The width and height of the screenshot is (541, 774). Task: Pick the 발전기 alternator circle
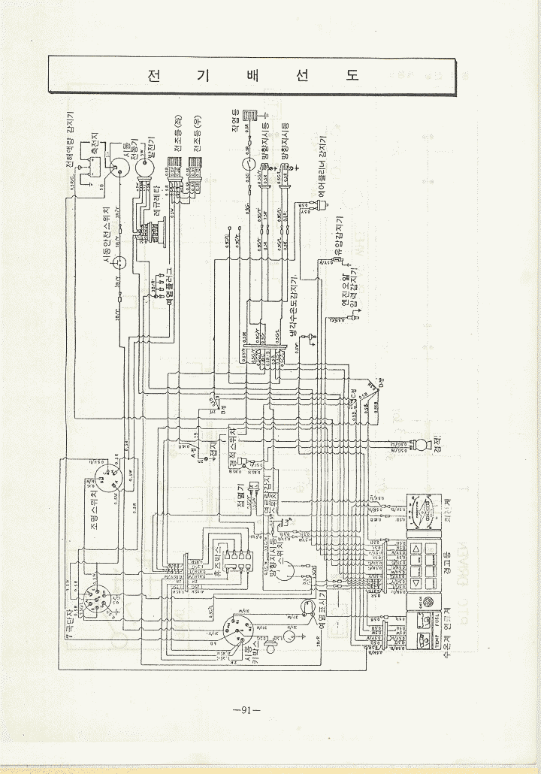[144, 171]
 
